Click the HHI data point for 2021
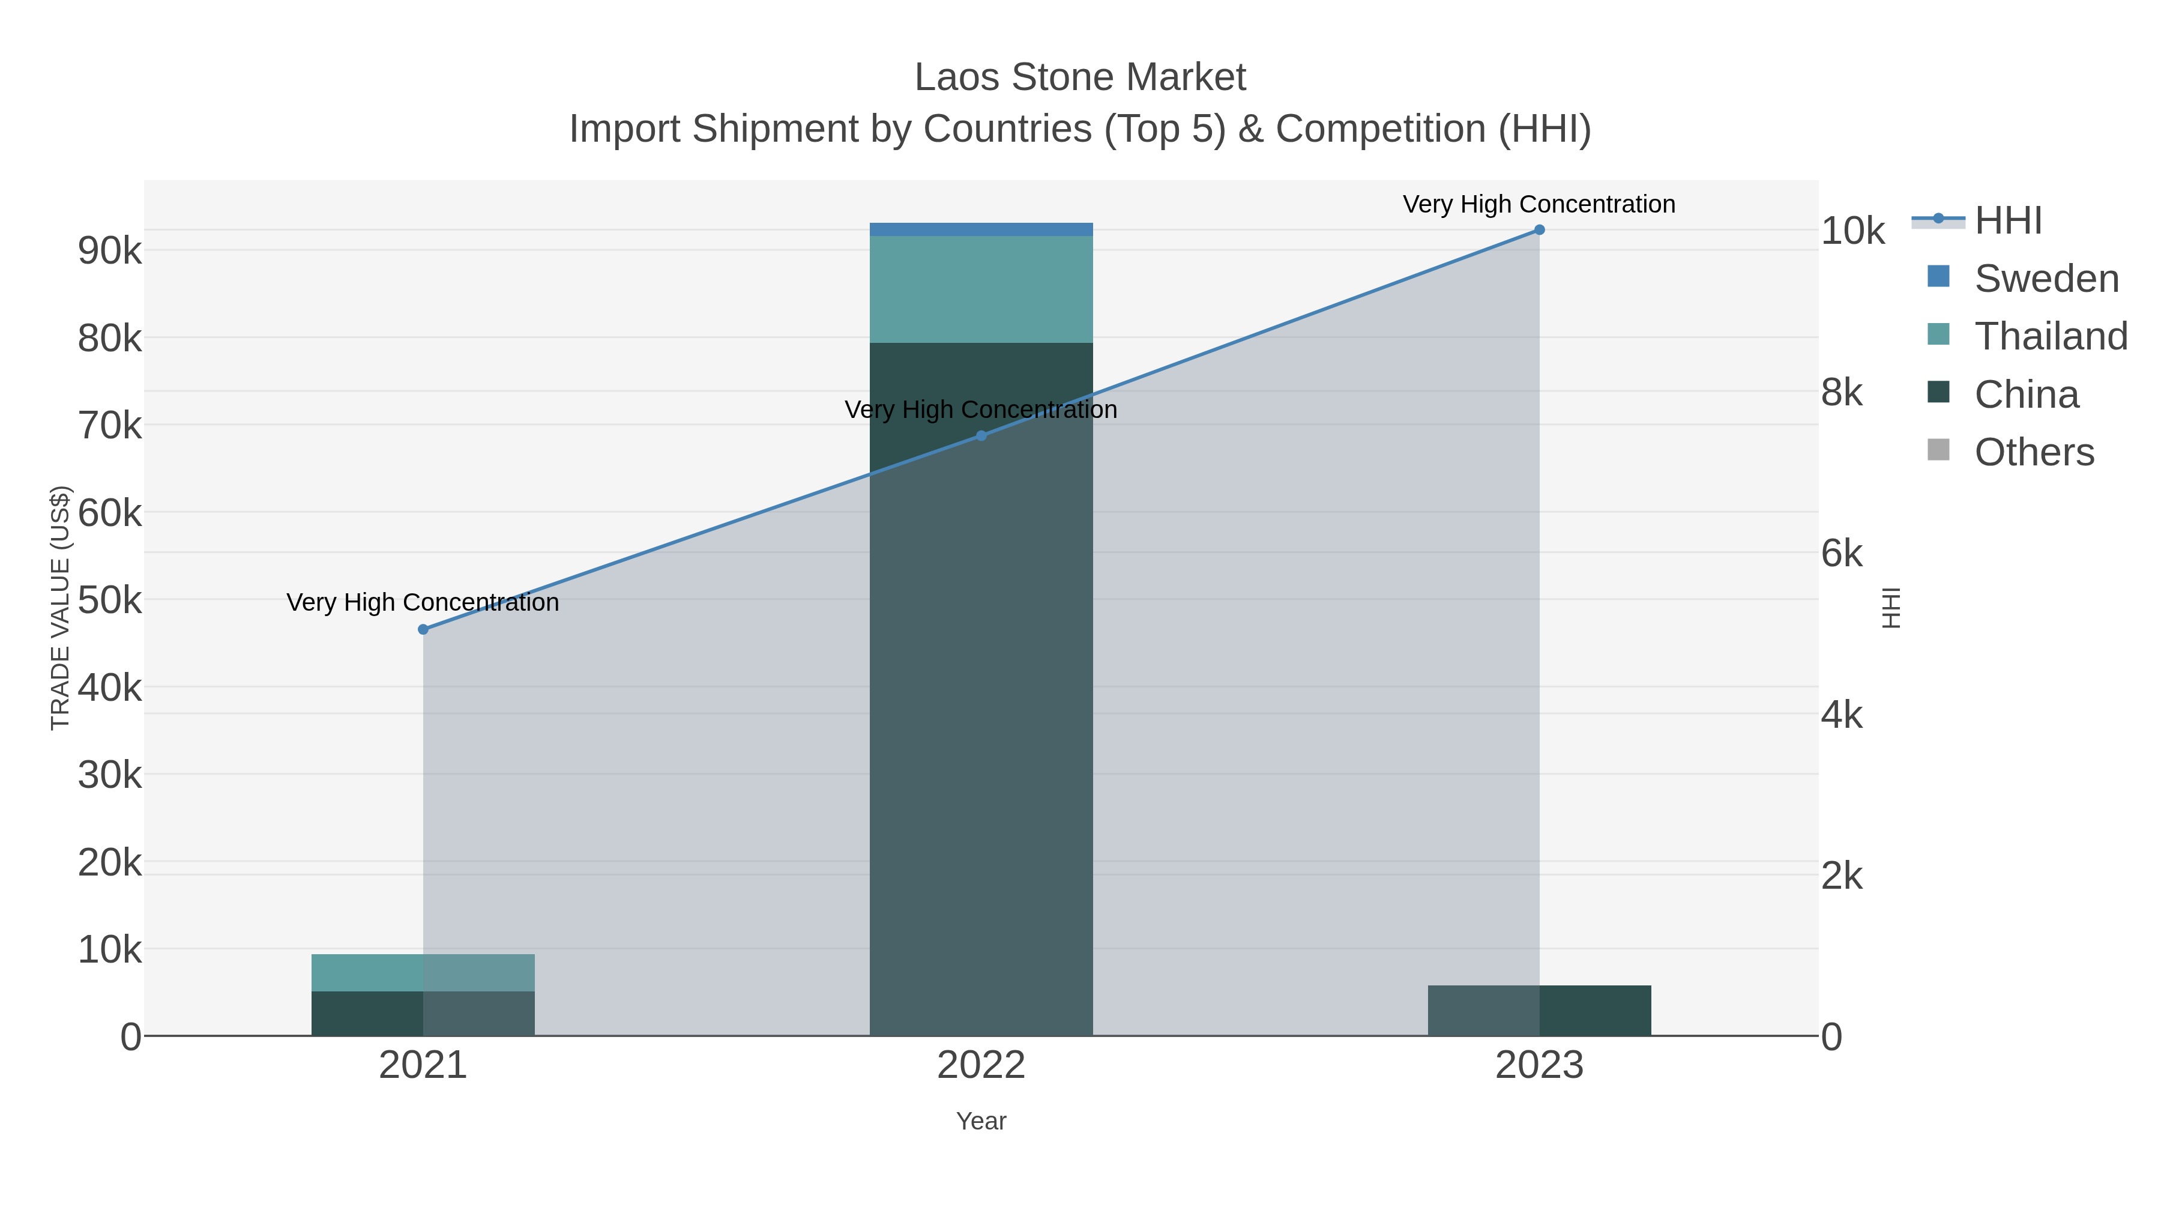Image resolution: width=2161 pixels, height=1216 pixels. tap(423, 629)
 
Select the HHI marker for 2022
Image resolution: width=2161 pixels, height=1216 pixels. tap(981, 435)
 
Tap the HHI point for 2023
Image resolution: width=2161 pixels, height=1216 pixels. tap(1539, 230)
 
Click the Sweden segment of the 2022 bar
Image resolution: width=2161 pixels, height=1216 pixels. tap(981, 229)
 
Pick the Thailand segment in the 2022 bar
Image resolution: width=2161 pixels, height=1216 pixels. tap(981, 289)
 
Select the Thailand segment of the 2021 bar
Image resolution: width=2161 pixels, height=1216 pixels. tap(423, 973)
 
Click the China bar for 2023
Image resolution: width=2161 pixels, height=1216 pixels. tap(1539, 1011)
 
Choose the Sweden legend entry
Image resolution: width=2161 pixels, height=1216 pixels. tap(2046, 279)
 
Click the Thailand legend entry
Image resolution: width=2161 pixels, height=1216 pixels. tap(2051, 336)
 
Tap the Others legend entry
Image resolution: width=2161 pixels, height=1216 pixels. tap(2034, 452)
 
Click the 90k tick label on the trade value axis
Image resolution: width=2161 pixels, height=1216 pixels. tap(110, 251)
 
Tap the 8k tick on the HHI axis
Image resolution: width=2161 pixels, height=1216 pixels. tap(1842, 392)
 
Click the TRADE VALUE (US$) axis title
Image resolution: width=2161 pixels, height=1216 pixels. tap(61, 608)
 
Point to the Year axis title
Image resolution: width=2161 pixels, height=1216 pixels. tap(981, 1121)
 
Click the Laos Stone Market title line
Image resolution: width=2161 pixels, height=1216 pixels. tap(1080, 77)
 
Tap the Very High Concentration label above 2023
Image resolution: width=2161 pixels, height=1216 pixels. tap(1539, 204)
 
